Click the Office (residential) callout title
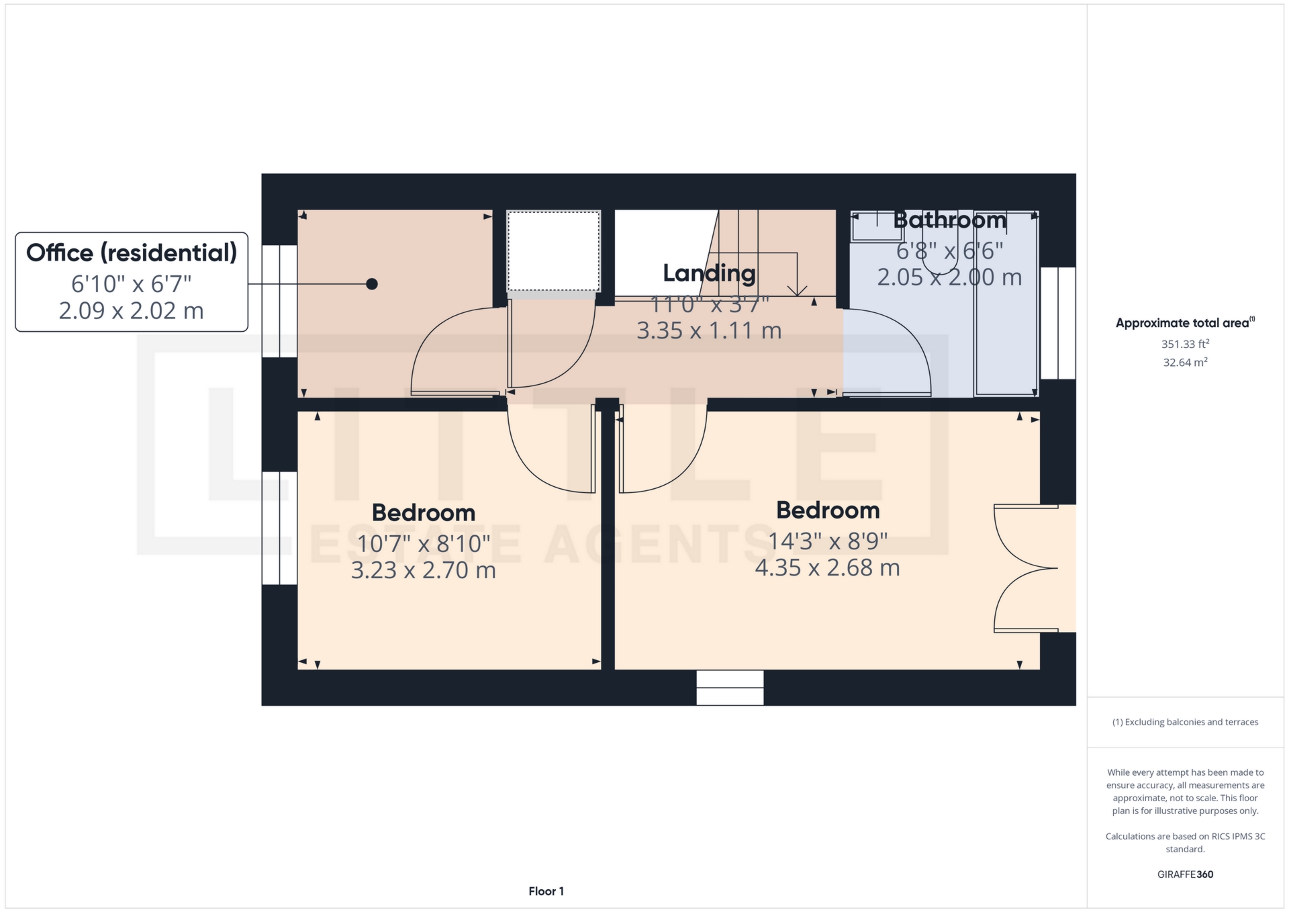click(x=132, y=253)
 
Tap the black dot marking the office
click(x=372, y=284)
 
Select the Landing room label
click(x=709, y=273)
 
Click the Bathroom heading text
click(x=949, y=220)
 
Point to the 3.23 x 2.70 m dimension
click(x=423, y=571)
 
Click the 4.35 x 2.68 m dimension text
click(x=827, y=568)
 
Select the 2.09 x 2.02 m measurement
click(x=132, y=311)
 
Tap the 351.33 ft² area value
click(x=1185, y=344)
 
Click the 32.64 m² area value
click(x=1185, y=363)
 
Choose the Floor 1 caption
click(x=546, y=891)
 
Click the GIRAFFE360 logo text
click(x=1185, y=874)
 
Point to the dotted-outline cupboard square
click(x=553, y=251)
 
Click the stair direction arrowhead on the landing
click(x=797, y=291)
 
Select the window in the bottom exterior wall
click(x=730, y=688)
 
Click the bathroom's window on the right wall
click(x=1058, y=323)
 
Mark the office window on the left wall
click(x=279, y=301)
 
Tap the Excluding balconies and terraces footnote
click(x=1185, y=722)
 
